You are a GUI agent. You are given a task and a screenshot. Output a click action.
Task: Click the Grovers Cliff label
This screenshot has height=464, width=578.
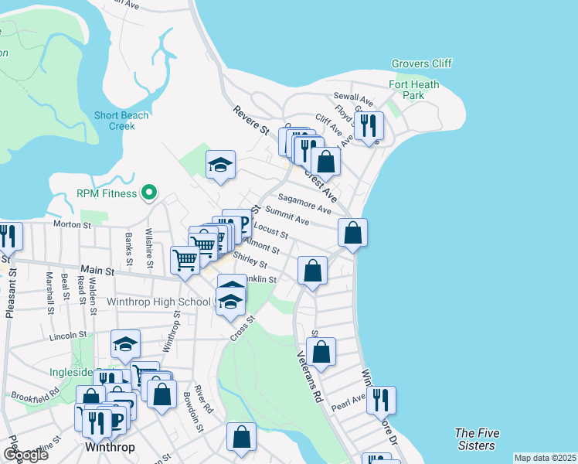(421, 63)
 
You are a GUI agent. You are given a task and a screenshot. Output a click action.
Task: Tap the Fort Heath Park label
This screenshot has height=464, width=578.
(414, 90)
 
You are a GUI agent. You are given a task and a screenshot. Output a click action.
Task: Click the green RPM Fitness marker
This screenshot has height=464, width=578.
(151, 193)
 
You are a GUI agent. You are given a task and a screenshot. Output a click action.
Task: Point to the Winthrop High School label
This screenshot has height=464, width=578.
(159, 302)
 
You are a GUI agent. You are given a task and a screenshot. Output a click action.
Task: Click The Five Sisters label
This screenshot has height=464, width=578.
(474, 439)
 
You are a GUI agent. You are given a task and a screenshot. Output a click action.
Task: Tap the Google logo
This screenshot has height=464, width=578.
(25, 455)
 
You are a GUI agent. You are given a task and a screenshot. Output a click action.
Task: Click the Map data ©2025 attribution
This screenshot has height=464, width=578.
(545, 458)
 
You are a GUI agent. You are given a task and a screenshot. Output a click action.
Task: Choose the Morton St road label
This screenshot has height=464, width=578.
(72, 225)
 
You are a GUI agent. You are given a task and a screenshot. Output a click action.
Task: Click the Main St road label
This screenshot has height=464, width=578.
(98, 271)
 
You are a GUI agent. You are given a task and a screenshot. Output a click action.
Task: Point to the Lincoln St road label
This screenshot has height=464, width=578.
(67, 336)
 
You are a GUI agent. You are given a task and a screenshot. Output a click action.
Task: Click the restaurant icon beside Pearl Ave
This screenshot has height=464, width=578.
(381, 400)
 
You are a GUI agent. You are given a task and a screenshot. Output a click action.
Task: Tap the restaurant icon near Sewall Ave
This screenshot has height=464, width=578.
(369, 125)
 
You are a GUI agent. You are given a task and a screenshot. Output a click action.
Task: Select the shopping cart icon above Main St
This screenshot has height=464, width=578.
(185, 260)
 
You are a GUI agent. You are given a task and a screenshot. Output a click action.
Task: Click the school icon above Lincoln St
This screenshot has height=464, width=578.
(125, 343)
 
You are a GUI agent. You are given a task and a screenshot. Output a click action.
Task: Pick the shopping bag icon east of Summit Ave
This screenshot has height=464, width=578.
(352, 231)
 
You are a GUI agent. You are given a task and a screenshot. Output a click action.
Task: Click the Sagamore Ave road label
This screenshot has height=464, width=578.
(305, 204)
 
